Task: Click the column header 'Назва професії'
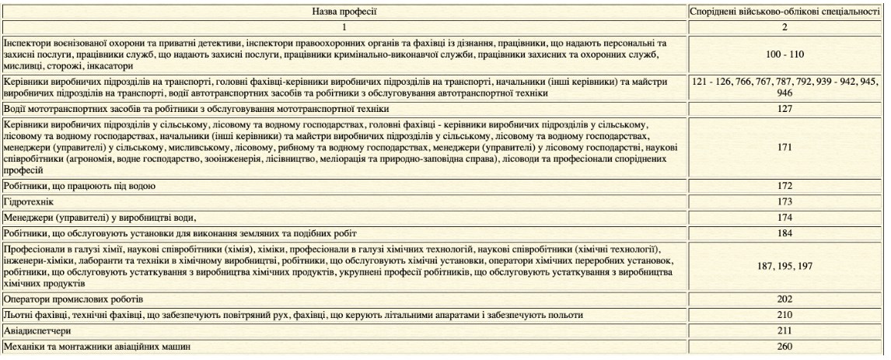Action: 344,13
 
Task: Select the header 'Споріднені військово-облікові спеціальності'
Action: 785,13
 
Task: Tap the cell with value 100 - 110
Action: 785,56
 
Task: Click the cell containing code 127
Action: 785,110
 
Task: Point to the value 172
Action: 785,187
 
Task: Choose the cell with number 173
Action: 785,201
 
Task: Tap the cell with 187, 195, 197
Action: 785,266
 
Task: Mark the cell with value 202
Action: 785,300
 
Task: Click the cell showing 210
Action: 785,315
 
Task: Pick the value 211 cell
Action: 785,330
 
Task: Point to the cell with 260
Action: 785,345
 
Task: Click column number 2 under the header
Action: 785,27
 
